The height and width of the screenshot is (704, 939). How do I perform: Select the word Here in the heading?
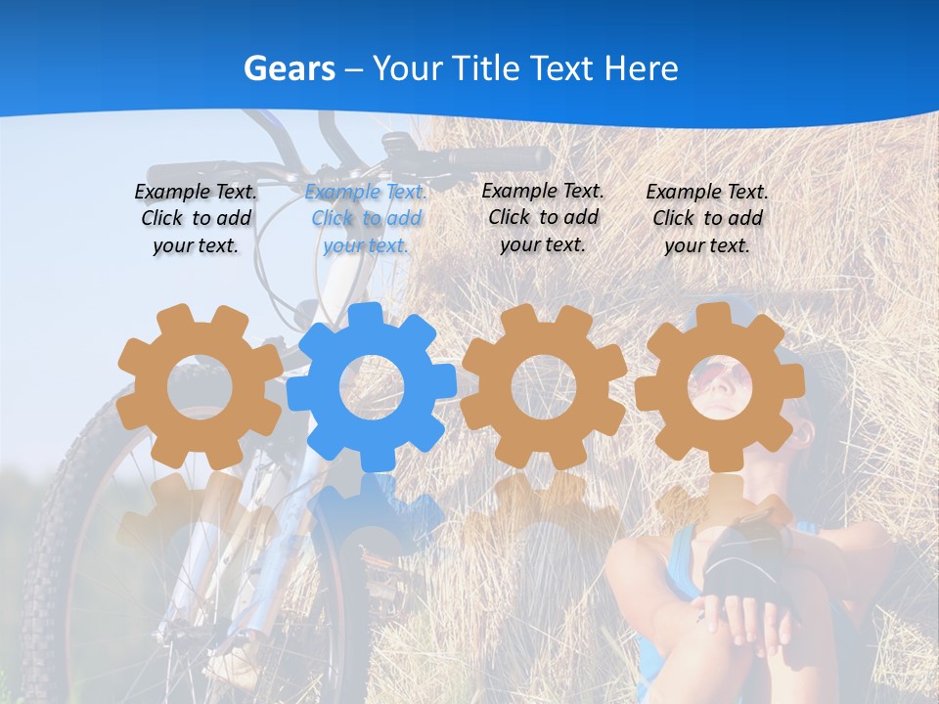click(641, 68)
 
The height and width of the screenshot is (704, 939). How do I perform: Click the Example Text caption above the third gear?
click(543, 217)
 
